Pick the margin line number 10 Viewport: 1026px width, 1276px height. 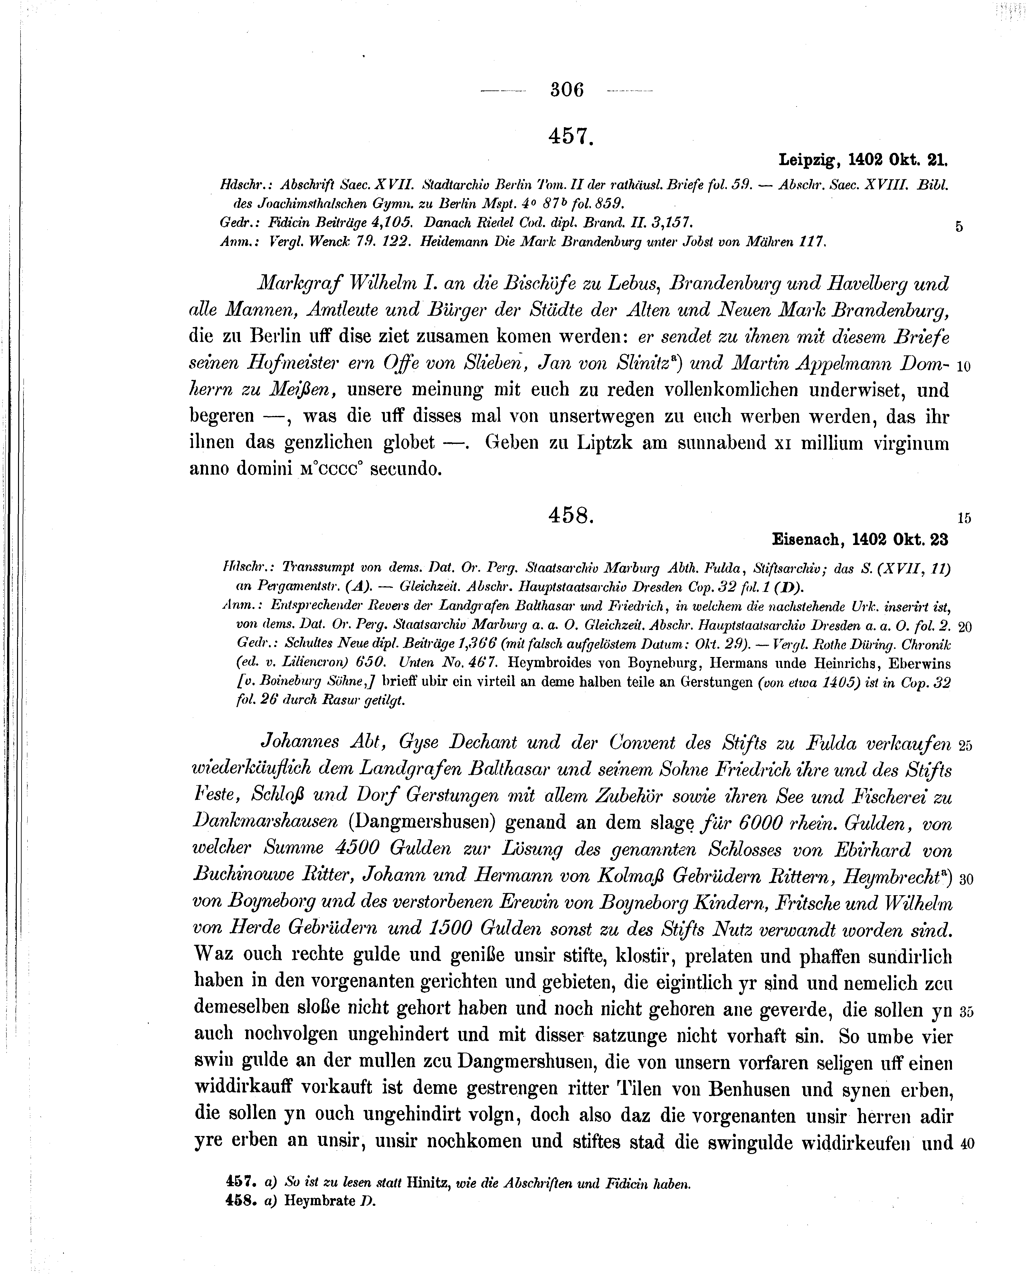pos(963,366)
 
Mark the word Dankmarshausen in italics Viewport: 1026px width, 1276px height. pos(266,822)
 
